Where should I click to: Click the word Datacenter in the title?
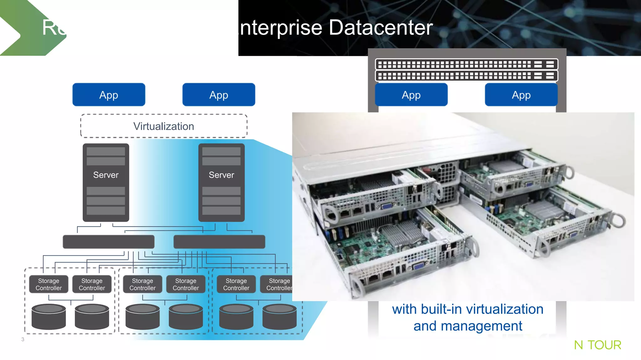381,28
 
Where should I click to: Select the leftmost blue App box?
109,95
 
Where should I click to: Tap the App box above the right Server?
218,95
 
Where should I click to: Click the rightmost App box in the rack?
521,95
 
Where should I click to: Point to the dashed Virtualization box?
164,126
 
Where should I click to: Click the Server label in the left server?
106,175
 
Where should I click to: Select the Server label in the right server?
221,175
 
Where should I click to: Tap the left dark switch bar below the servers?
109,242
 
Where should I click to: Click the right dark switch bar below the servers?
219,242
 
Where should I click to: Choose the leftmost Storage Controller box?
49,284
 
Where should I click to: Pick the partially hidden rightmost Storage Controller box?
277,284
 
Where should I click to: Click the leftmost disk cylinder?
49,317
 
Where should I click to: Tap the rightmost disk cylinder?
279,317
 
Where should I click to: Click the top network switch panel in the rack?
466,65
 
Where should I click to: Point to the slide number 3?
23,339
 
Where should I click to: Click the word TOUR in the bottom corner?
604,345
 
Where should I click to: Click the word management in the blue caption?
481,326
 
